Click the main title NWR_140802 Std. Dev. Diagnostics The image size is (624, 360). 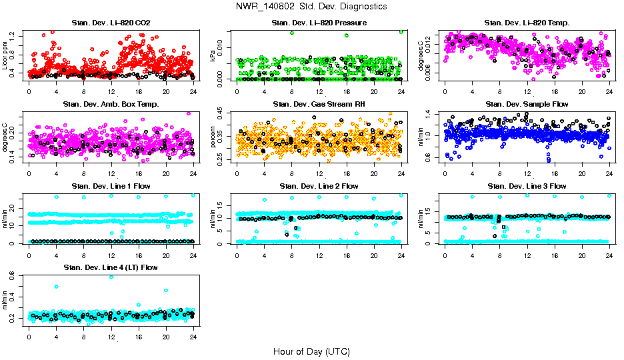[311, 6]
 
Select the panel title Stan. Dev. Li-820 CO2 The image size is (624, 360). [111, 23]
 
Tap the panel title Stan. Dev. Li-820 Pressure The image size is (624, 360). [319, 23]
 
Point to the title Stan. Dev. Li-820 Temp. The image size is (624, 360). [527, 23]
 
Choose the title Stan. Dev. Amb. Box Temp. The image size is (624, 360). [111, 104]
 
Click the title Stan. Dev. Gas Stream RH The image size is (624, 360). [319, 104]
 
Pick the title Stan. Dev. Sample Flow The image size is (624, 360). [527, 104]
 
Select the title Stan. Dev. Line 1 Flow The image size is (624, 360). [111, 186]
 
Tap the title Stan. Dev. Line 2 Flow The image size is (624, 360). [319, 186]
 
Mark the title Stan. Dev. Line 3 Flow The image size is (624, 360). [527, 186]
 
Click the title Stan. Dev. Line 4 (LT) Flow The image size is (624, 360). [111, 267]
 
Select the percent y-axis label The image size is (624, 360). [214, 137]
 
